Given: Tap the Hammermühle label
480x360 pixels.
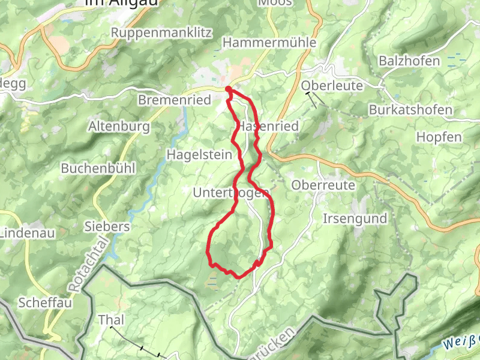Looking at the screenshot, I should point(269,43).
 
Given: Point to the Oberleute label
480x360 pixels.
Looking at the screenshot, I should point(332,86).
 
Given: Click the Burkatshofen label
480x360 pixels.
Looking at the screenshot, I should point(410,110).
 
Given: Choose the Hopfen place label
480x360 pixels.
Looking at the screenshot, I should point(439,137).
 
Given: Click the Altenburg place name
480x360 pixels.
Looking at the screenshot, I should point(118,127).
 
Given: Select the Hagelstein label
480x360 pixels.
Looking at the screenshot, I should point(199,155).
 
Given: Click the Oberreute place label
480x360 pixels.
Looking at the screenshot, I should point(323,185).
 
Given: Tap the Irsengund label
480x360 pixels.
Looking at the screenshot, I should point(355,218).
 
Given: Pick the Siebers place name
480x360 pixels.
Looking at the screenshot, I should point(107,227).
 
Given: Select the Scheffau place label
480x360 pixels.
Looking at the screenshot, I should point(45,302).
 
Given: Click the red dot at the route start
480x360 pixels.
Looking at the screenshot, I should point(229,90).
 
